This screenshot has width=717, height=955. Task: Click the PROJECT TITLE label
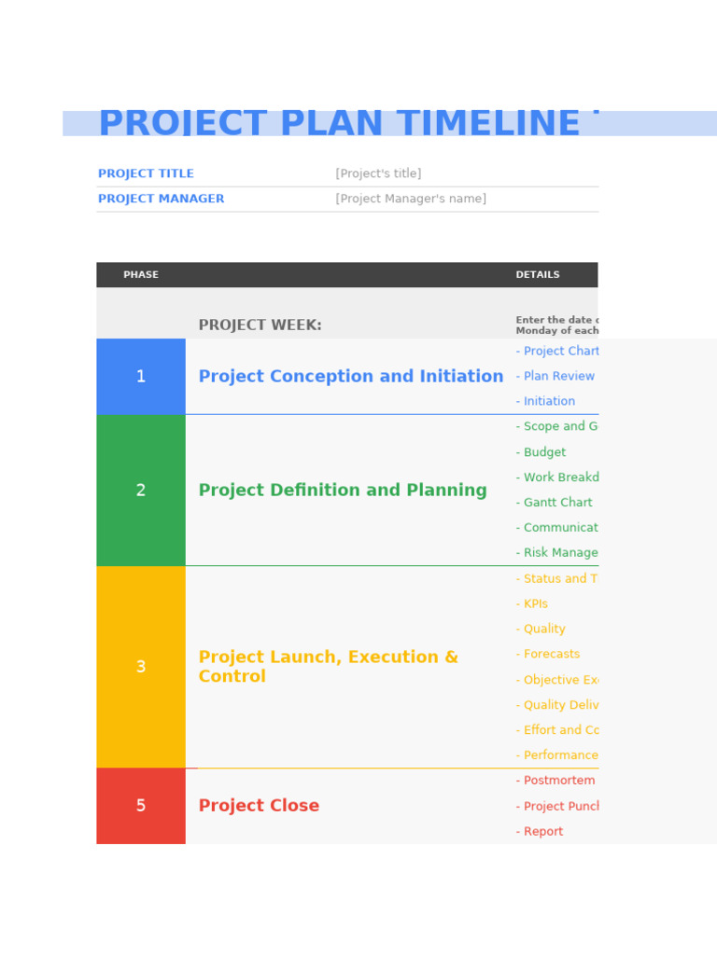(x=146, y=174)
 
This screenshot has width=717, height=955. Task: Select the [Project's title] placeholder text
(x=378, y=174)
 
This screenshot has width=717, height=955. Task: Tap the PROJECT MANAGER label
(x=161, y=200)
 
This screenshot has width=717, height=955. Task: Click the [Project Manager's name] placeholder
(x=411, y=200)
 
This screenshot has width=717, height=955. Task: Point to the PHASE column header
(x=141, y=275)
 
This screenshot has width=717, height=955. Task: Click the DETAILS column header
(x=538, y=275)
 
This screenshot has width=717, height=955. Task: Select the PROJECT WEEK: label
(x=260, y=325)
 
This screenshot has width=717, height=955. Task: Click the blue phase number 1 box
(x=141, y=377)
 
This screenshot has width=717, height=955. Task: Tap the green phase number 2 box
(x=141, y=491)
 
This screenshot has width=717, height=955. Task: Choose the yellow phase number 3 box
(x=141, y=667)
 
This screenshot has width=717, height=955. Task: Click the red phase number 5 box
(x=141, y=806)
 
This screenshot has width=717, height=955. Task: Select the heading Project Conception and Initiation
(x=350, y=377)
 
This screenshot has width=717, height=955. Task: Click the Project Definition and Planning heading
(x=342, y=491)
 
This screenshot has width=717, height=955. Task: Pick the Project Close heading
(x=259, y=806)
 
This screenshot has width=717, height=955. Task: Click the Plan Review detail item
(x=556, y=377)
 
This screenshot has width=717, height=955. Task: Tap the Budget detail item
(x=541, y=452)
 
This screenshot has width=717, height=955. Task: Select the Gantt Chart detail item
(x=555, y=503)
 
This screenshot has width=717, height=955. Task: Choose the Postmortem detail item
(x=556, y=781)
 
